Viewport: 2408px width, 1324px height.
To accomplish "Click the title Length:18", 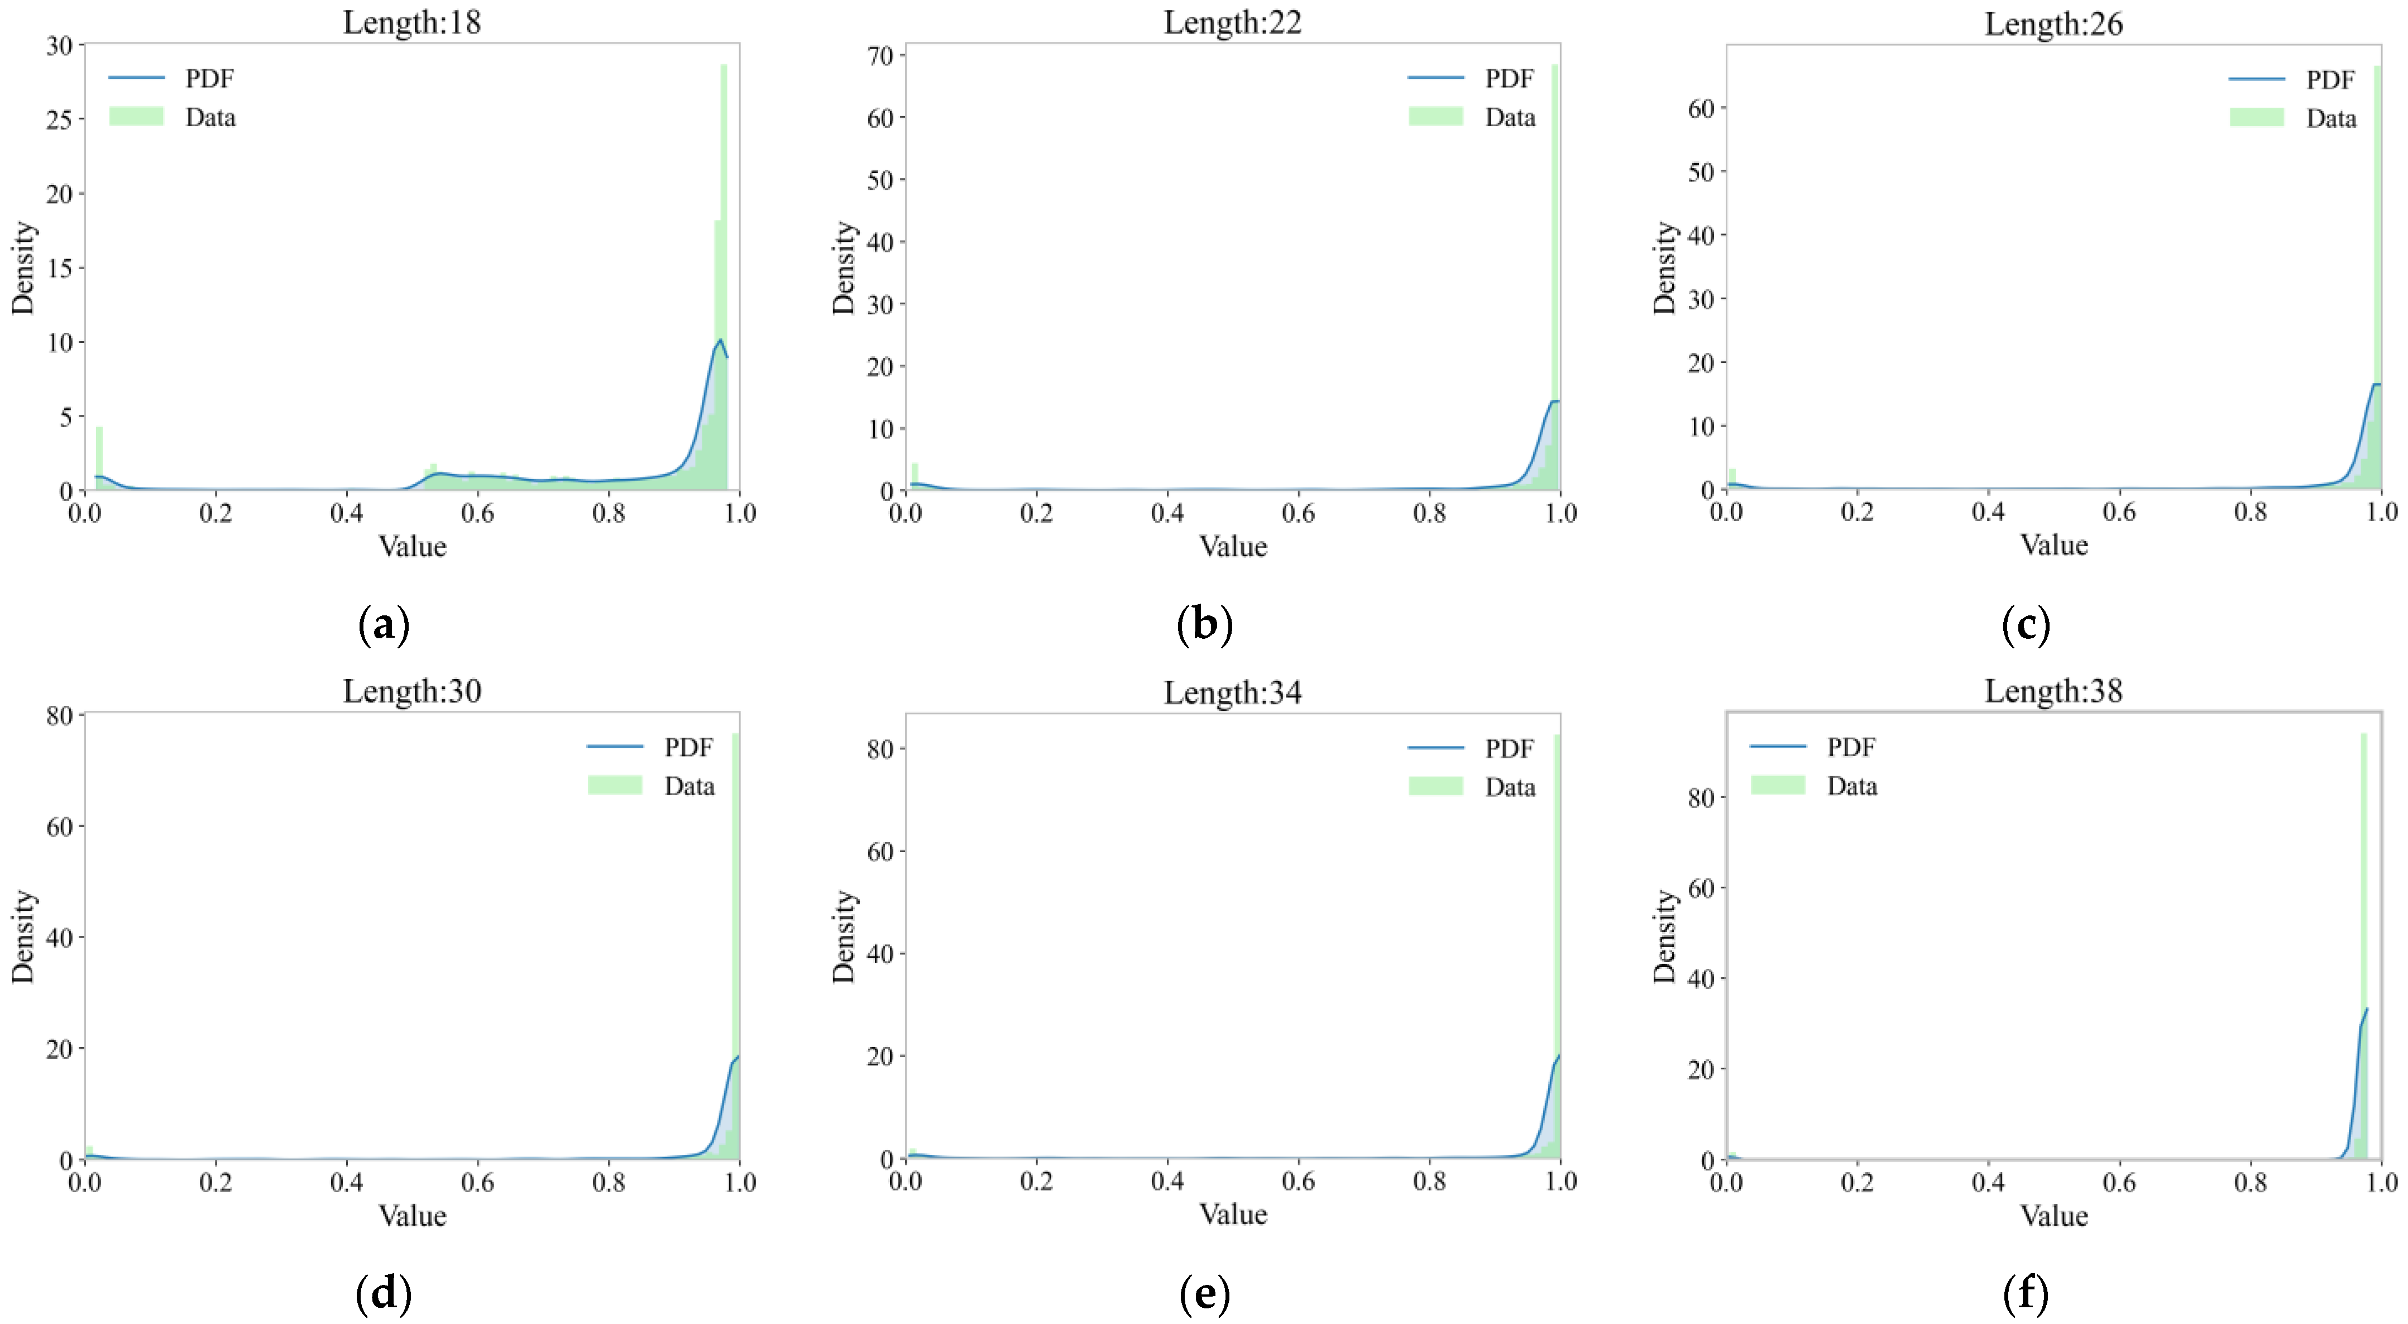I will [x=411, y=22].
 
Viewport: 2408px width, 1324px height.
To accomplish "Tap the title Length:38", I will [x=2053, y=691].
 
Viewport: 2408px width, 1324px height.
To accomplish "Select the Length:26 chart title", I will [x=2053, y=23].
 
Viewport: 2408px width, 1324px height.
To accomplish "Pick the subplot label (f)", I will [x=2026, y=1294].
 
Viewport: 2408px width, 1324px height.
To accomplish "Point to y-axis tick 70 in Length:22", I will [x=880, y=56].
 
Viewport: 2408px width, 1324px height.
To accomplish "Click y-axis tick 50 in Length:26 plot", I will [x=1701, y=172].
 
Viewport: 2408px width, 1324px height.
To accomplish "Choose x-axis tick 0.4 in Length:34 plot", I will [x=1167, y=1182].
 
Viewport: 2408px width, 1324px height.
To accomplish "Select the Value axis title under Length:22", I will [x=1233, y=546].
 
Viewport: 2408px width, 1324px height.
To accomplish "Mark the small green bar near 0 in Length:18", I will [x=99, y=458].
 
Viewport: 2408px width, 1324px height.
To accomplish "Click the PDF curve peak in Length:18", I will [x=720, y=340].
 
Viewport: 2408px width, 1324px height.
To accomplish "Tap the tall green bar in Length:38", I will [x=2363, y=935].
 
